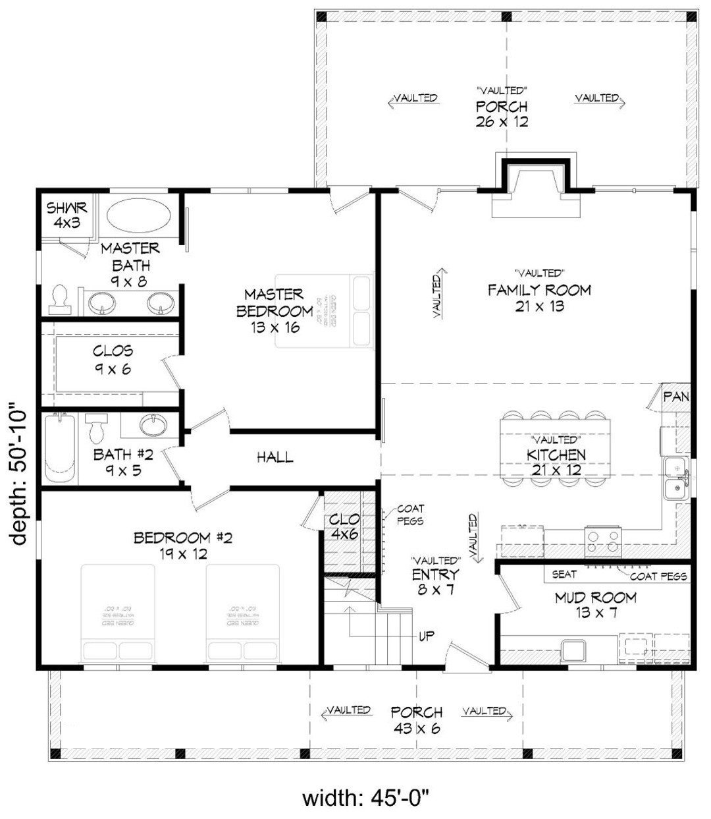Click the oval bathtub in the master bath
coord(139,215)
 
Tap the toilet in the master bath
coord(60,299)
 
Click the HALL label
coord(275,457)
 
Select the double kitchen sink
coord(674,478)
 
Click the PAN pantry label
coord(675,397)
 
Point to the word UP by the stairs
coord(426,636)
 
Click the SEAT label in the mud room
coord(564,575)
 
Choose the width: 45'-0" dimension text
coord(366,799)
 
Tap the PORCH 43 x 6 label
coord(416,720)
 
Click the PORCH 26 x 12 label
coord(502,113)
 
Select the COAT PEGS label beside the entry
coord(410,515)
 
